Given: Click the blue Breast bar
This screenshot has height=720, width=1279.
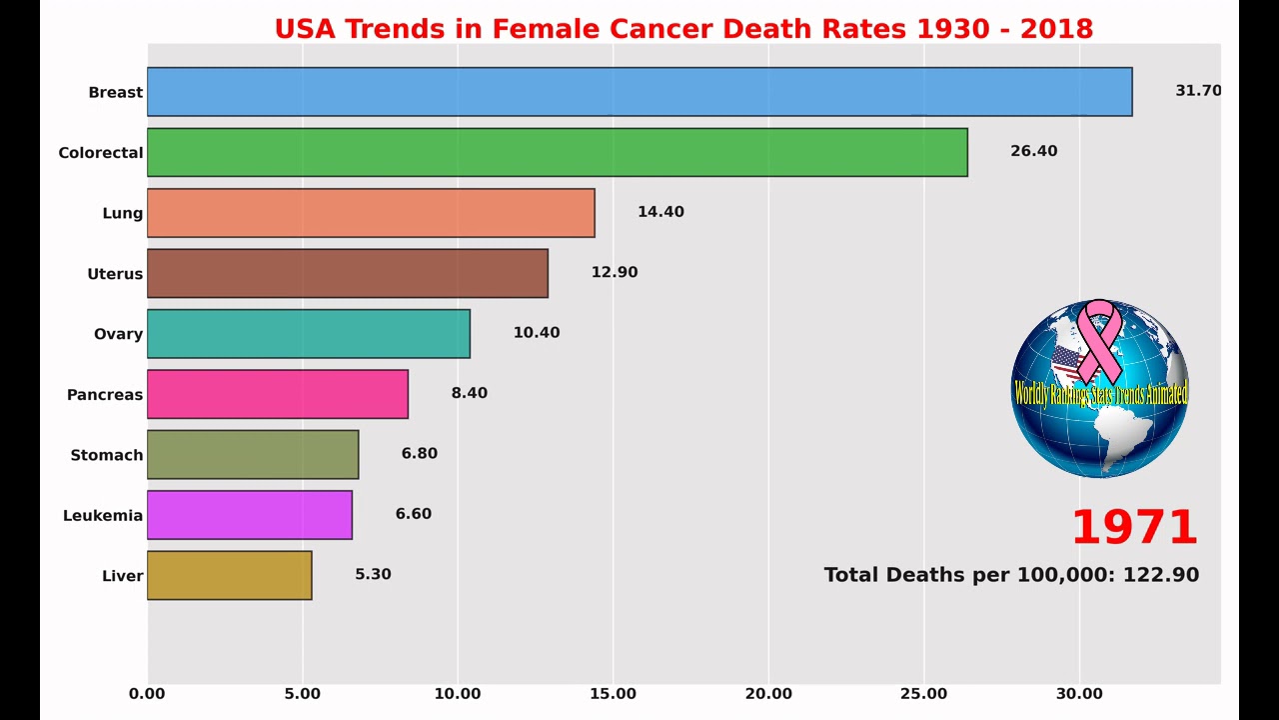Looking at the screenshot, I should (x=639, y=92).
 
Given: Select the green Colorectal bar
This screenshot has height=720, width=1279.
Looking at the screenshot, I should (x=557, y=152).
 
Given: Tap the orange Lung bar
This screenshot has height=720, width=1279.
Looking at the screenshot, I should (x=371, y=213).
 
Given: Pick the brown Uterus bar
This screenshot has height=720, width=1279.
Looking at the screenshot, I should (x=347, y=273).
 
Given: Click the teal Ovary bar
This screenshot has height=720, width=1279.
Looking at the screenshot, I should (x=308, y=334).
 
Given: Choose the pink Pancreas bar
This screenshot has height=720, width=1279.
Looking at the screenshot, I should (x=277, y=394).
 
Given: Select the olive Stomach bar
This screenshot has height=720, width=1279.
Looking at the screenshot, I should (x=253, y=455).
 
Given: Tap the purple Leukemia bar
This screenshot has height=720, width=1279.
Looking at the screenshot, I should (x=249, y=515).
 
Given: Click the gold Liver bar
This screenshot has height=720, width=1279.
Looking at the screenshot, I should (x=229, y=575).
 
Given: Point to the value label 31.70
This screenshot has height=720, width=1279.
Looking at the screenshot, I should (x=1198, y=91).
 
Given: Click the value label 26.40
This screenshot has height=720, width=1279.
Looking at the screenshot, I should (x=1033, y=151).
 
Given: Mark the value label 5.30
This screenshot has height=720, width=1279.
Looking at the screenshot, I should (x=373, y=574).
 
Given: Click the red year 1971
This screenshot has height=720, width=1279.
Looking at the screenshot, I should (x=1134, y=528).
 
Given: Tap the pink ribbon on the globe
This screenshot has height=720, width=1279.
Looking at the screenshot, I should (x=1100, y=339).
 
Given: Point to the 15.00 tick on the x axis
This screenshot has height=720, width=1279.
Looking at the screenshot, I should (x=614, y=694).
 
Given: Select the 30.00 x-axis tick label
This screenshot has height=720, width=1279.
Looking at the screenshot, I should (x=1079, y=694).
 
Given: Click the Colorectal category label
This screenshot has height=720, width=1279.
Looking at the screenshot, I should (x=100, y=153).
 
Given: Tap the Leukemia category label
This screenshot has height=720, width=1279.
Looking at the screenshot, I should (x=102, y=516).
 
